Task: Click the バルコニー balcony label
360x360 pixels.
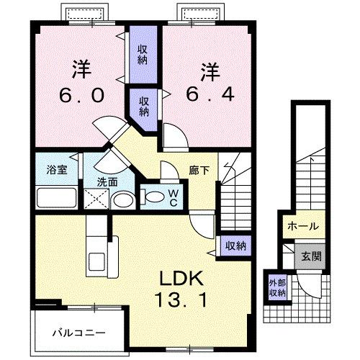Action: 79,333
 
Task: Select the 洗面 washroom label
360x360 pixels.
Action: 108,182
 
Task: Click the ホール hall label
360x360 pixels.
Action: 302,226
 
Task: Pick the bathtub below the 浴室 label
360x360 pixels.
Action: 56,197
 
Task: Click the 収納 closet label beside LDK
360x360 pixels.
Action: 235,246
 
